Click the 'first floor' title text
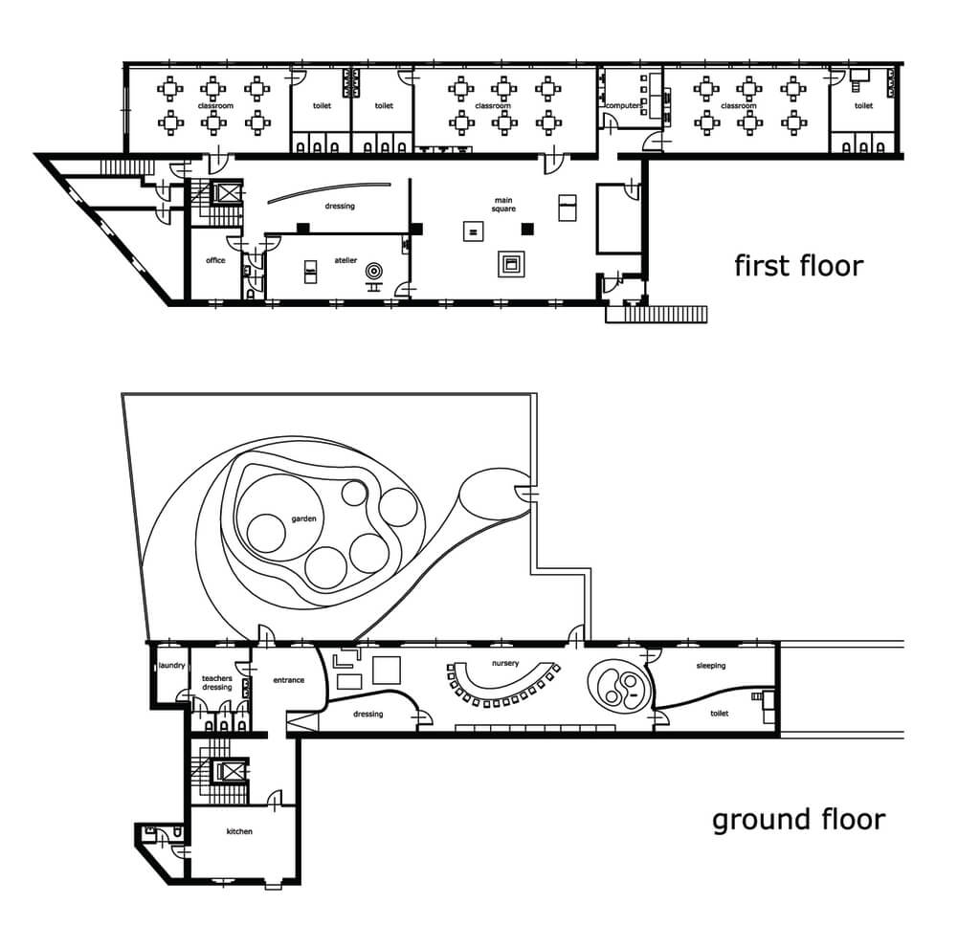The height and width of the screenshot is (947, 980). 798,266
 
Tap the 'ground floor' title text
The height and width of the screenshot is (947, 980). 798,820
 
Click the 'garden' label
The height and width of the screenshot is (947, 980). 303,519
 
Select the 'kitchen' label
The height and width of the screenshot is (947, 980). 239,831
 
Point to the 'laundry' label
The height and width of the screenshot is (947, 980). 172,665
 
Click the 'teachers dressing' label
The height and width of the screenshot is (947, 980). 217,683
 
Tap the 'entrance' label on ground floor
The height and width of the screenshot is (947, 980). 289,680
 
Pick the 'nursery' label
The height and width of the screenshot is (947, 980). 505,664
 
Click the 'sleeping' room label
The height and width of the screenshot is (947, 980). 711,666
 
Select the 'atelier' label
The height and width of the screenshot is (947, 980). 345,260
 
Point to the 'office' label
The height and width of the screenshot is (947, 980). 215,260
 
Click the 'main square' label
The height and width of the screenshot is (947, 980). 503,205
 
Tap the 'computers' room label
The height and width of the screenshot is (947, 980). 624,106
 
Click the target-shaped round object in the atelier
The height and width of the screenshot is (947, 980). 374,271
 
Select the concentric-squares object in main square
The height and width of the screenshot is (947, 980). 511,264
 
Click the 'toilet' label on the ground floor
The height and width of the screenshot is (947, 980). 720,714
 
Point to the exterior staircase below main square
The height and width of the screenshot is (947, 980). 657,314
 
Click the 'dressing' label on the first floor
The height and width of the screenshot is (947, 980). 340,207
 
